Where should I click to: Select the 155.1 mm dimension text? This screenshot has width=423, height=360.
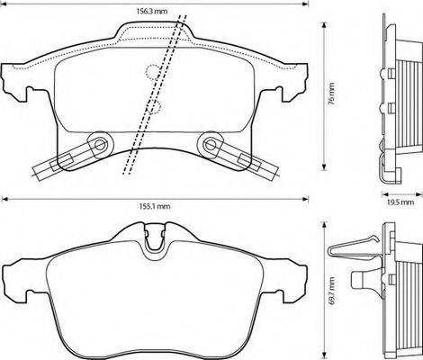point(155,205)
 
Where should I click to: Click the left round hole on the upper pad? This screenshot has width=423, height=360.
point(99,142)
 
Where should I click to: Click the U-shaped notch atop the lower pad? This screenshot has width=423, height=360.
point(155,241)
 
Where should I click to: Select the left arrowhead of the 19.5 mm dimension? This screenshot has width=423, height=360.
point(381,195)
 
